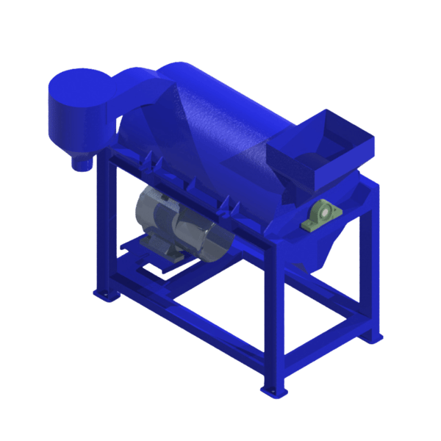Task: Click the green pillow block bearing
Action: point(321,216)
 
